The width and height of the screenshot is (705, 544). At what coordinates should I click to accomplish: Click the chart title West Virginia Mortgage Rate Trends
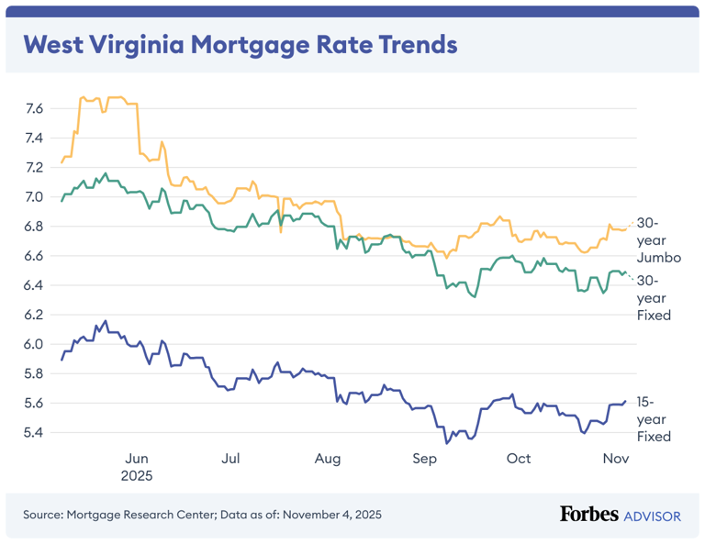click(240, 44)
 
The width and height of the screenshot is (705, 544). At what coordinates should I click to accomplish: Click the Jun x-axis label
click(136, 459)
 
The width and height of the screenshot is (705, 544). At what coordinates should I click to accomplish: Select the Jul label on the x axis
click(231, 459)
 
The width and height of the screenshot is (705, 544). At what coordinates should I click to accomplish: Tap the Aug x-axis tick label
click(328, 459)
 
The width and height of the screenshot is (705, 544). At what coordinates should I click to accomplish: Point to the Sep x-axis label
click(424, 459)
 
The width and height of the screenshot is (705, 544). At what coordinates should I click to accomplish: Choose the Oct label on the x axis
click(519, 459)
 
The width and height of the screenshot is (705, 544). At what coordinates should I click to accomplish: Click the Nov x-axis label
click(615, 459)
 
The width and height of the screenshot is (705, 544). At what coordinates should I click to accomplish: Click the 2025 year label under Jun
click(136, 476)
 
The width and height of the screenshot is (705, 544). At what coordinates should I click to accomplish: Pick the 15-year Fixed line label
click(655, 419)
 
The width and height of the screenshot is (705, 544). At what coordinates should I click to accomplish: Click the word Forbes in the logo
click(588, 515)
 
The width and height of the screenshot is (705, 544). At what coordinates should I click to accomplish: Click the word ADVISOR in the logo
click(653, 516)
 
